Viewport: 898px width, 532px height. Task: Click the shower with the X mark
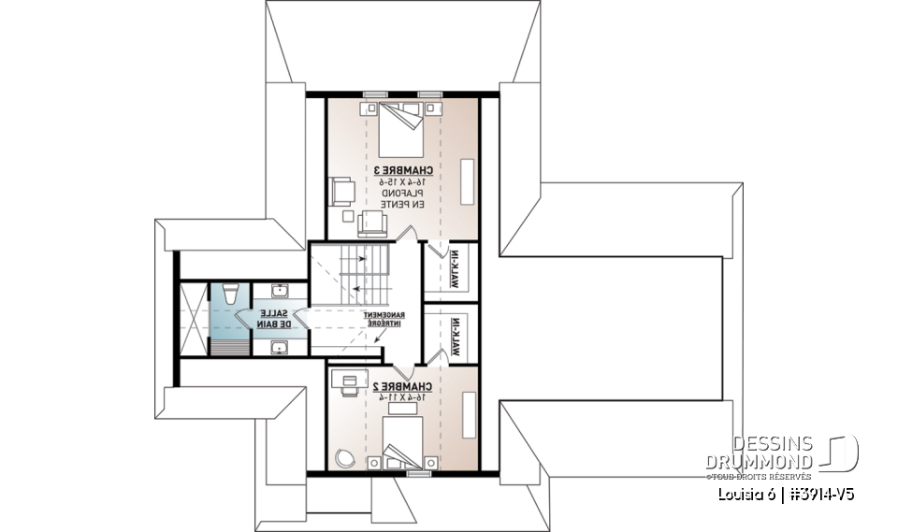pos(191,318)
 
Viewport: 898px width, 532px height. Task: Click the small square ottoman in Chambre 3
pos(348,216)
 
